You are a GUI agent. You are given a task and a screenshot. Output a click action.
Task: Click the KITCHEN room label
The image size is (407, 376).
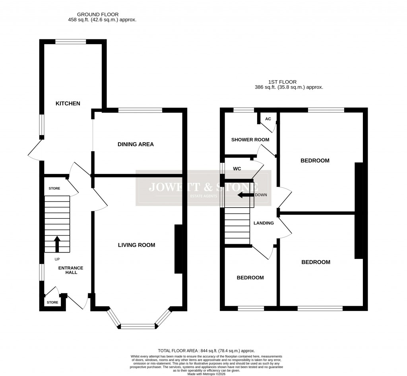click(x=68, y=104)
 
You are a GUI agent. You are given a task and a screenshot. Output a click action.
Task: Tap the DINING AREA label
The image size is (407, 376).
click(x=136, y=144)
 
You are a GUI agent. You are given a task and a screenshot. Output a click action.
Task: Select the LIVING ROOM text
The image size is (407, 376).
click(x=136, y=245)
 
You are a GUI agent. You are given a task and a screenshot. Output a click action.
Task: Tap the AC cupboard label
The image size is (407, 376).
click(x=268, y=119)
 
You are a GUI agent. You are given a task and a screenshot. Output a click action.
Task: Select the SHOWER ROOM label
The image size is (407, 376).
click(x=250, y=140)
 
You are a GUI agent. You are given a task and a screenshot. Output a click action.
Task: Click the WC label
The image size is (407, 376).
click(x=238, y=169)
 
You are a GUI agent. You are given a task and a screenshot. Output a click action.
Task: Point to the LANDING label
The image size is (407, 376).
click(x=264, y=223)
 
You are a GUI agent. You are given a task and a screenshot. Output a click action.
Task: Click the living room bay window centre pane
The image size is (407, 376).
click(x=137, y=326)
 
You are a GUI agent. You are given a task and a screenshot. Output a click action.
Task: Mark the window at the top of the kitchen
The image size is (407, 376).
click(x=71, y=41)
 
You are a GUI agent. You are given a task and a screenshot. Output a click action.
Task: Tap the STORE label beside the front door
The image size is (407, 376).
click(x=52, y=303)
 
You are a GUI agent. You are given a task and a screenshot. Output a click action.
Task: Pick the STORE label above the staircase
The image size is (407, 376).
click(x=54, y=188)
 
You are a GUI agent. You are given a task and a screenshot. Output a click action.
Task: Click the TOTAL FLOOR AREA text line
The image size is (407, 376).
click(x=206, y=351)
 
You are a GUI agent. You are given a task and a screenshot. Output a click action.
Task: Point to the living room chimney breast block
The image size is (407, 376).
click(x=178, y=249)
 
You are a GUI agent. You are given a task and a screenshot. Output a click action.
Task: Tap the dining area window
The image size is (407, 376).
click(x=140, y=110)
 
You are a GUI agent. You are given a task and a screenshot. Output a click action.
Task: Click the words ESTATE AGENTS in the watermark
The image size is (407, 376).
click(x=203, y=197)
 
